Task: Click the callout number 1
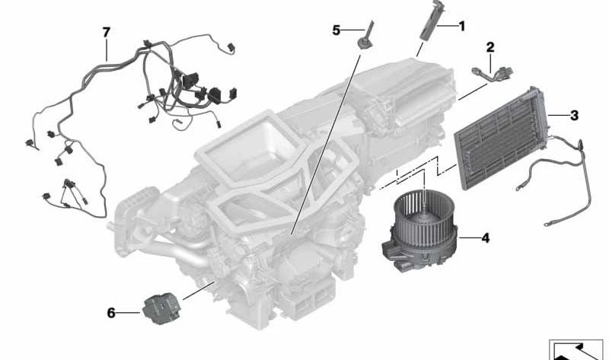462,27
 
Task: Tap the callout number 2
490,47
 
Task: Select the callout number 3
574,116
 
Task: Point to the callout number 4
486,237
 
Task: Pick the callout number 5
336,30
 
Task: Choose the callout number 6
111,313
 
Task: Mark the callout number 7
107,32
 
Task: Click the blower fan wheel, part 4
424,219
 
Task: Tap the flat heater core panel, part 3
503,138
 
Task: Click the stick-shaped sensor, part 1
429,20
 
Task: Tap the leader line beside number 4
469,237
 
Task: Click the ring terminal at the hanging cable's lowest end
547,224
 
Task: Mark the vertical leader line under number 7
107,49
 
